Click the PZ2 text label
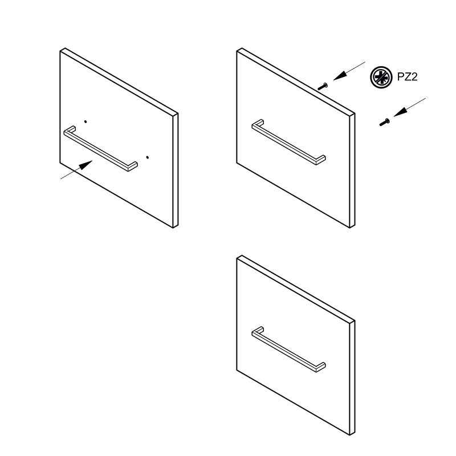click(x=407, y=77)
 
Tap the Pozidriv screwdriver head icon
click(x=381, y=78)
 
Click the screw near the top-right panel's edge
click(x=323, y=86)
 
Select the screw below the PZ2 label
click(x=384, y=122)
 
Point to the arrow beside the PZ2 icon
click(x=349, y=71)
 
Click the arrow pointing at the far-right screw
click(x=410, y=107)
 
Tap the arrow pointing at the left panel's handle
click(x=76, y=169)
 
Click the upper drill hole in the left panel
click(x=85, y=121)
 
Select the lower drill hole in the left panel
click(x=148, y=157)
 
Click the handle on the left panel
click(x=100, y=149)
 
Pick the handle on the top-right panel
click(x=288, y=142)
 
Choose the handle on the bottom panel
click(x=288, y=350)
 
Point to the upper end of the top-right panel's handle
click(x=259, y=122)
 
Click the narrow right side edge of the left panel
click(x=176, y=170)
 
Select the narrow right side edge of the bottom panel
click(x=352, y=378)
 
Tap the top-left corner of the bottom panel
click(x=237, y=259)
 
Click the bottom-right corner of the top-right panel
click(x=350, y=228)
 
